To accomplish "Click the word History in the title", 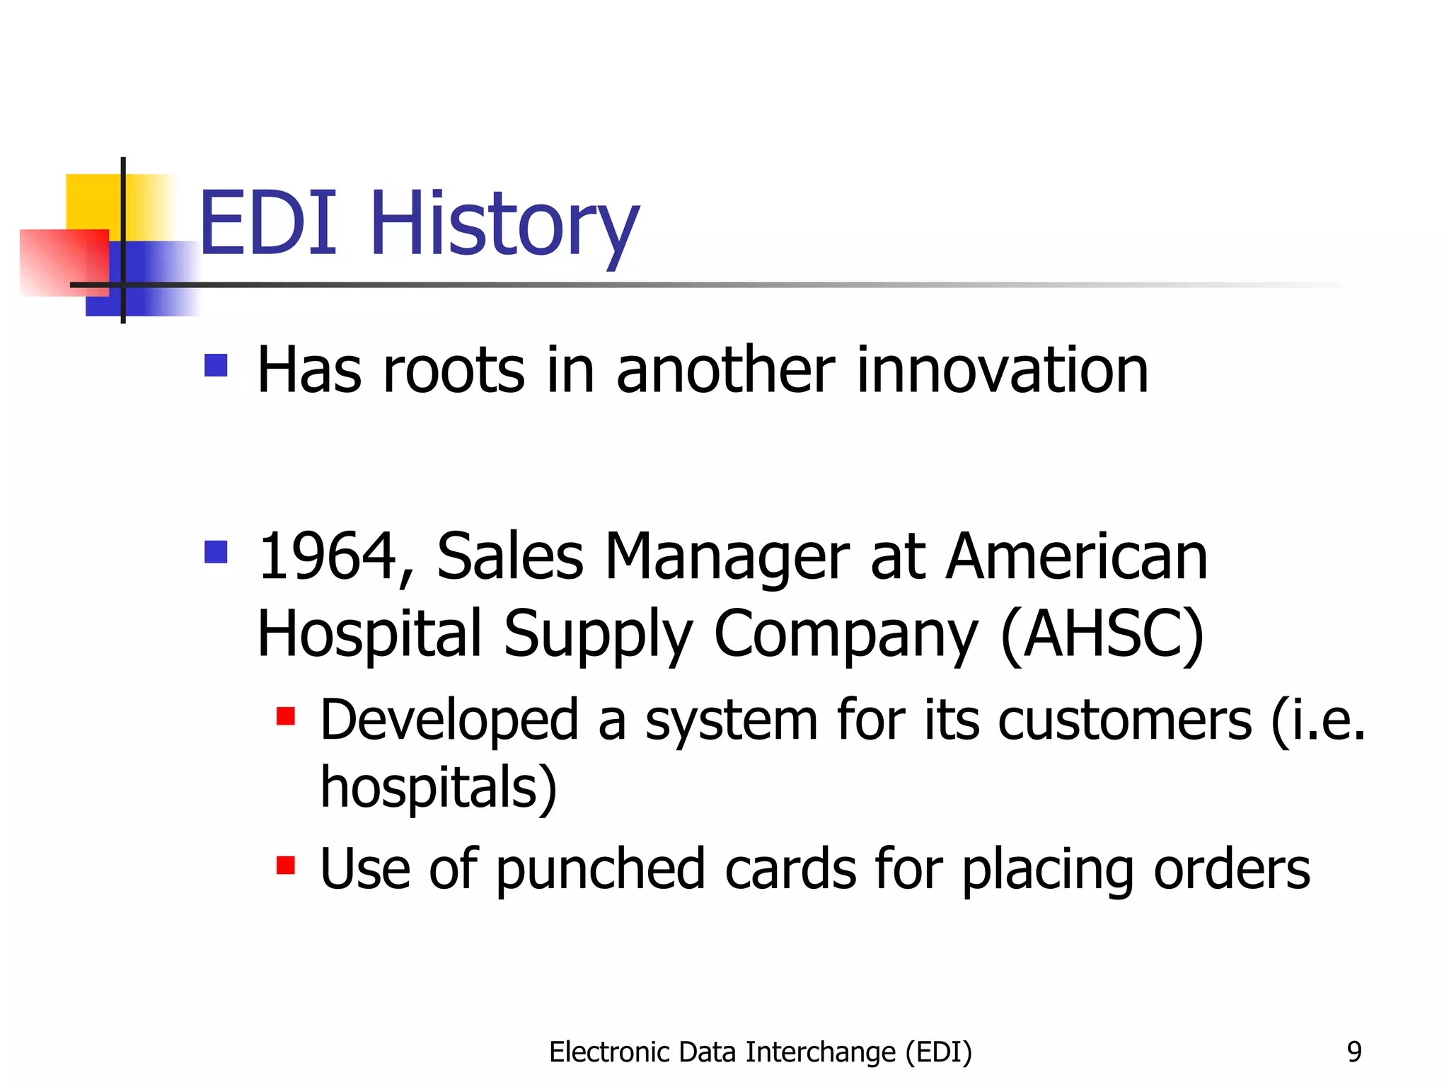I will click(504, 225).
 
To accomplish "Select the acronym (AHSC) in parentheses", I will click(1102, 634).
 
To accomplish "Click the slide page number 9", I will click(1353, 1052).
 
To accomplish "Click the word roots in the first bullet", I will click(454, 372).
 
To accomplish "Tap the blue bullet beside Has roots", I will click(216, 366).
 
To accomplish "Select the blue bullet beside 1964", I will click(216, 552).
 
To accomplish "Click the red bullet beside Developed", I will click(286, 716).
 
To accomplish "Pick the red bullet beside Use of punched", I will click(286, 865).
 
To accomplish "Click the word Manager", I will click(727, 559).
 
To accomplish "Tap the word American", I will click(1076, 558).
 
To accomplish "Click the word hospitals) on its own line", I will click(439, 788).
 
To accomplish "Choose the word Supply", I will click(598, 635).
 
